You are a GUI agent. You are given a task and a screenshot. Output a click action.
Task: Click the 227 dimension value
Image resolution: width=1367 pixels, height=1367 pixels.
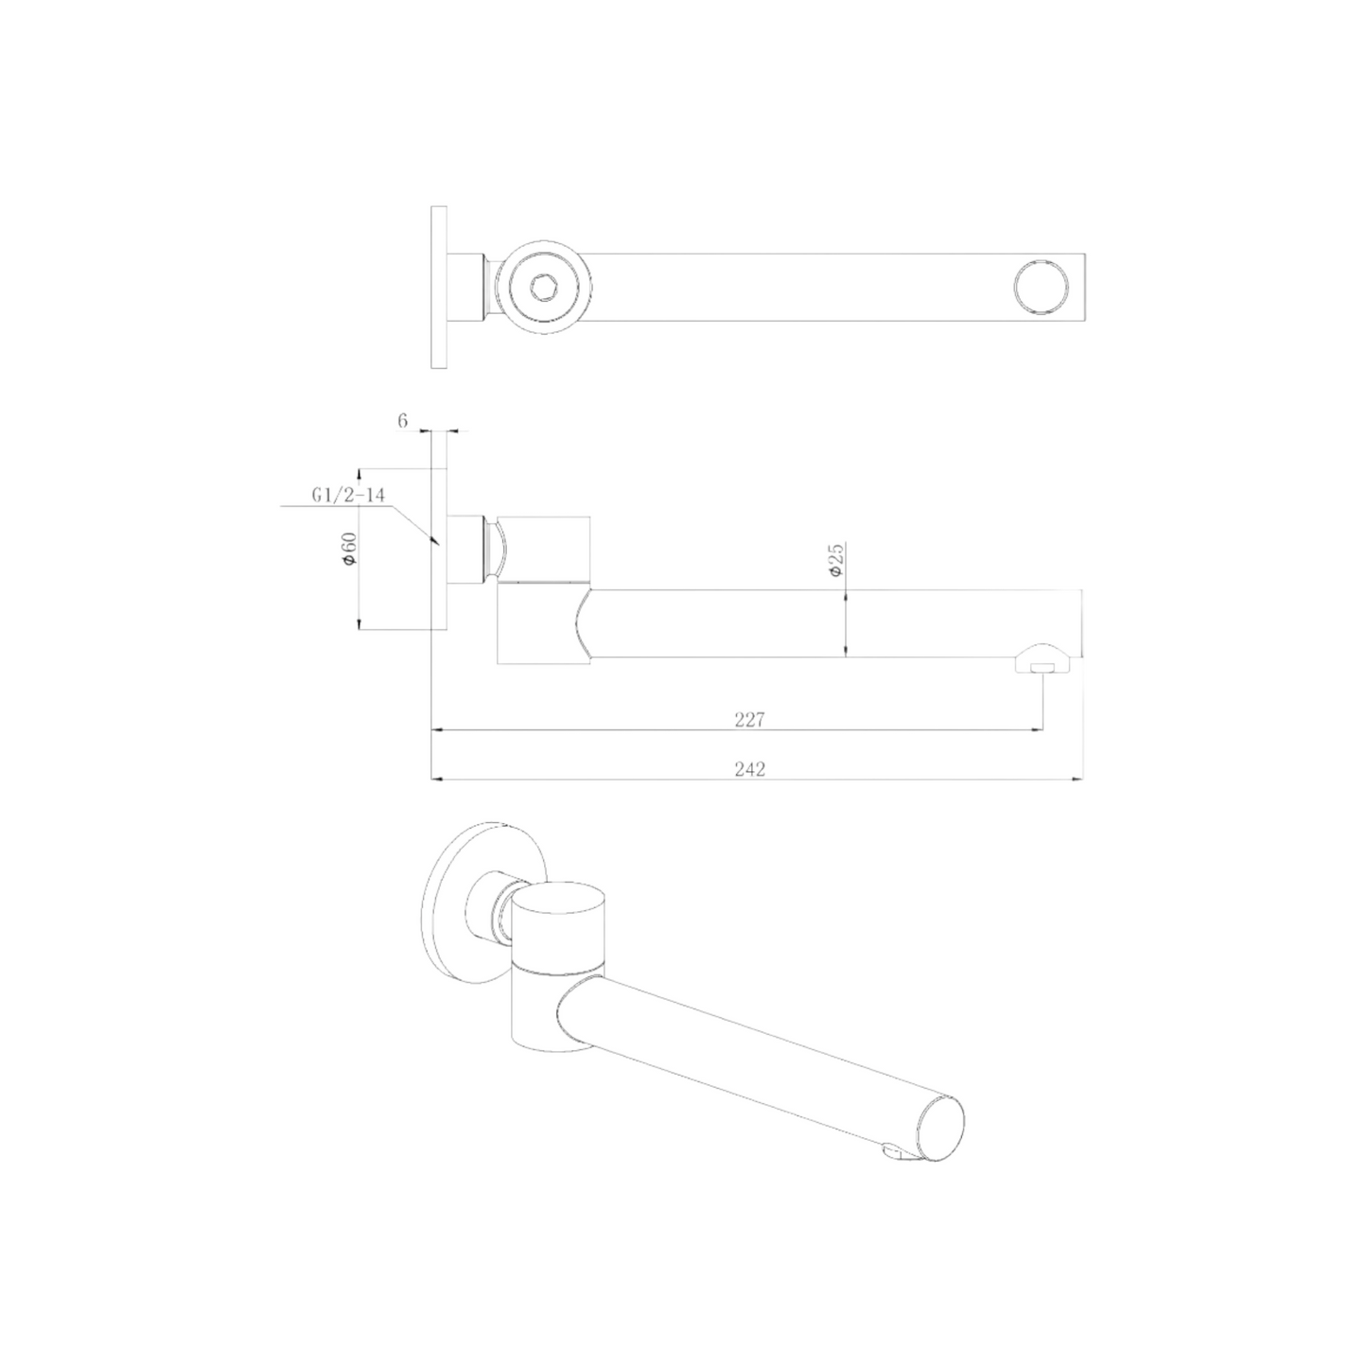748,720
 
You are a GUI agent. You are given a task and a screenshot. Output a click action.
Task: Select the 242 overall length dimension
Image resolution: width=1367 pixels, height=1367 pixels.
748,769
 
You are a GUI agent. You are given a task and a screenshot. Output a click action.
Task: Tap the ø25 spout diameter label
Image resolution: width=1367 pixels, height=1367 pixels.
836,560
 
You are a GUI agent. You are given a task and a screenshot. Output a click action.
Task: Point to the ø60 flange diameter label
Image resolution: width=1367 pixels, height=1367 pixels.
349,550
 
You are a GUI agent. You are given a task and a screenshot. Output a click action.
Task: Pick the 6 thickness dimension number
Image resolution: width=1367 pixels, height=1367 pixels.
402,421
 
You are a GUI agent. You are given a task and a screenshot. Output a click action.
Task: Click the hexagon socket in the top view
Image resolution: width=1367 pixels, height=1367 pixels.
543,287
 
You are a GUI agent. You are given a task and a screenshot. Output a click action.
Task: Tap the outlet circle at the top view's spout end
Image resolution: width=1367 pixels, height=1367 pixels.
1039,287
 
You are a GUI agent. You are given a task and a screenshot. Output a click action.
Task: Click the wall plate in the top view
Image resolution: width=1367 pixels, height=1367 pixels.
438,287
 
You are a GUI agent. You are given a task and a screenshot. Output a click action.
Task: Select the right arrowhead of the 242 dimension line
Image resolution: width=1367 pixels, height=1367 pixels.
1078,780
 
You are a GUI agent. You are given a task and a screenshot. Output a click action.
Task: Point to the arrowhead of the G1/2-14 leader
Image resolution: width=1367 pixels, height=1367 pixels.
434,542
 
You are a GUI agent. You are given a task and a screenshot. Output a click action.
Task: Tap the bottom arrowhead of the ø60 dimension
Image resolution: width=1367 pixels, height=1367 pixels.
359,623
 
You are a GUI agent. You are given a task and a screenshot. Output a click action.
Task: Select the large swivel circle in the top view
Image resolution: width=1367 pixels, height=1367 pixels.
543,287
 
